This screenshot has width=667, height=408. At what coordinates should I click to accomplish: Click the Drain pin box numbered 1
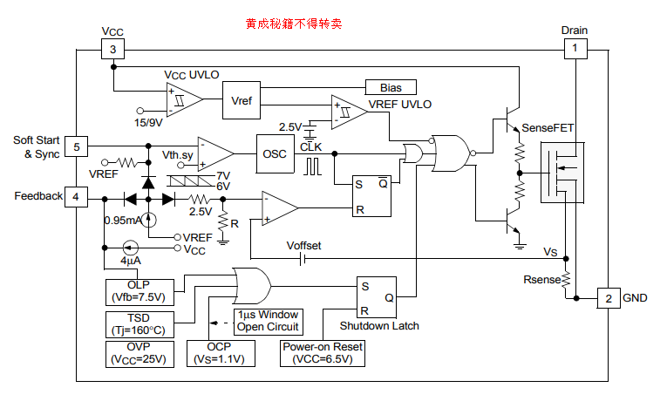(575, 49)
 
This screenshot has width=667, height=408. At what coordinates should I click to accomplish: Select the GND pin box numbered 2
(607, 297)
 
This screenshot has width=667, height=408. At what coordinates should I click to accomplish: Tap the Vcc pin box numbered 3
(112, 49)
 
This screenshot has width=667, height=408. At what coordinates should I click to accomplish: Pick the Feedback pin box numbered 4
(76, 197)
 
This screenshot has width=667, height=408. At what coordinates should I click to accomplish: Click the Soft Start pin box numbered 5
(76, 146)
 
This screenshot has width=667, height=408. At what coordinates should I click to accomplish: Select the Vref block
(242, 101)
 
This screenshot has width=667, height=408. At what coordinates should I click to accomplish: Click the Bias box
(390, 87)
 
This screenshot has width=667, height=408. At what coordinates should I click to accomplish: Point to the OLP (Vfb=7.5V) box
(139, 291)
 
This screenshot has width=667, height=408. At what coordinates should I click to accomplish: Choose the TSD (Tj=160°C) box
(139, 323)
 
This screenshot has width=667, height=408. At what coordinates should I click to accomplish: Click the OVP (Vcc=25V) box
(139, 353)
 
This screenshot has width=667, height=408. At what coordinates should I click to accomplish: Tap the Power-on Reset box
(322, 353)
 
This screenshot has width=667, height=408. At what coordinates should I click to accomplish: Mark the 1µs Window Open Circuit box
(268, 321)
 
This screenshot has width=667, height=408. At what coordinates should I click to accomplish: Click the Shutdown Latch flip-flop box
(377, 296)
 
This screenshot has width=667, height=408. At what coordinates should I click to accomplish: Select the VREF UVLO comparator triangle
(347, 112)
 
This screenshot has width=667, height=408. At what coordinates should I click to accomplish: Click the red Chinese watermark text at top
(293, 24)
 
